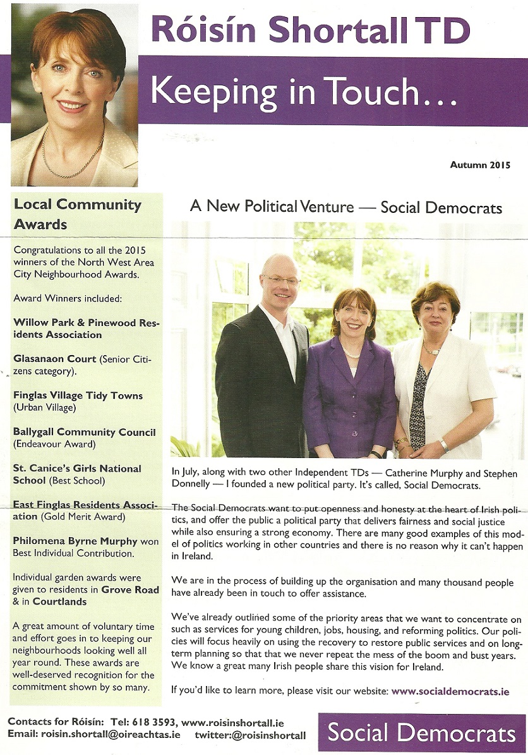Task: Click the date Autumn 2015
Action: click(x=480, y=165)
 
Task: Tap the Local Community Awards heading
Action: click(x=77, y=214)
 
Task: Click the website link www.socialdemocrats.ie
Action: click(x=450, y=691)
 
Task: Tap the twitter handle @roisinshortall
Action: click(x=250, y=735)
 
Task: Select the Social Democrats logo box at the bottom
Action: click(x=421, y=733)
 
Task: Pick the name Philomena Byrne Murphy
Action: click(x=75, y=541)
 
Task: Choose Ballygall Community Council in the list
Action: click(x=84, y=432)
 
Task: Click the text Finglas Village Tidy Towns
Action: click(x=78, y=396)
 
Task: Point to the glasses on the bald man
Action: click(x=280, y=280)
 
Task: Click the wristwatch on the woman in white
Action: click(x=444, y=445)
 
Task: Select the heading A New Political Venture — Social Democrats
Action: click(x=346, y=207)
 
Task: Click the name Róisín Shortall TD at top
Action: click(x=310, y=30)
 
